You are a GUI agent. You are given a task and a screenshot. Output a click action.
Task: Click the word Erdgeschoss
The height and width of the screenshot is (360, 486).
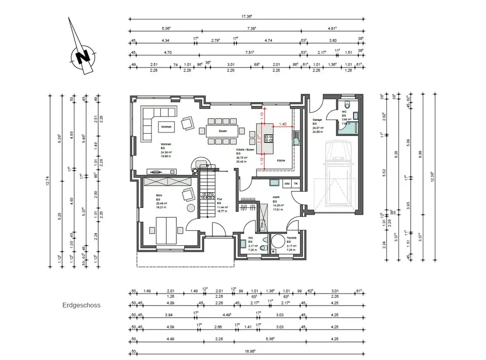point(81,306)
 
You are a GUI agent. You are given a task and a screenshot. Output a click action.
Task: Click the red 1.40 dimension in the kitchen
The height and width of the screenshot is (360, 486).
point(283,124)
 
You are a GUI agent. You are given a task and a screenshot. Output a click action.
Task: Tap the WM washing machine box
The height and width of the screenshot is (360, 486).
point(287,184)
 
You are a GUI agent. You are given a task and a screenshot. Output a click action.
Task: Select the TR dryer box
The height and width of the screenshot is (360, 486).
point(295,184)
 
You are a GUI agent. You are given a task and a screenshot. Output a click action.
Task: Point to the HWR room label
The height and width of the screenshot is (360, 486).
point(275,197)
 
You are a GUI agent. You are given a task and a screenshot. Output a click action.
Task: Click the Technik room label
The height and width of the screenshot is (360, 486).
point(292,238)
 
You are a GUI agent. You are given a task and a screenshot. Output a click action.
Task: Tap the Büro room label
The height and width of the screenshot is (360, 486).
point(158,195)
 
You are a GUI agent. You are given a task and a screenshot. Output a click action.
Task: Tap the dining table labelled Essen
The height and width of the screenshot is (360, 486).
point(223,131)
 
